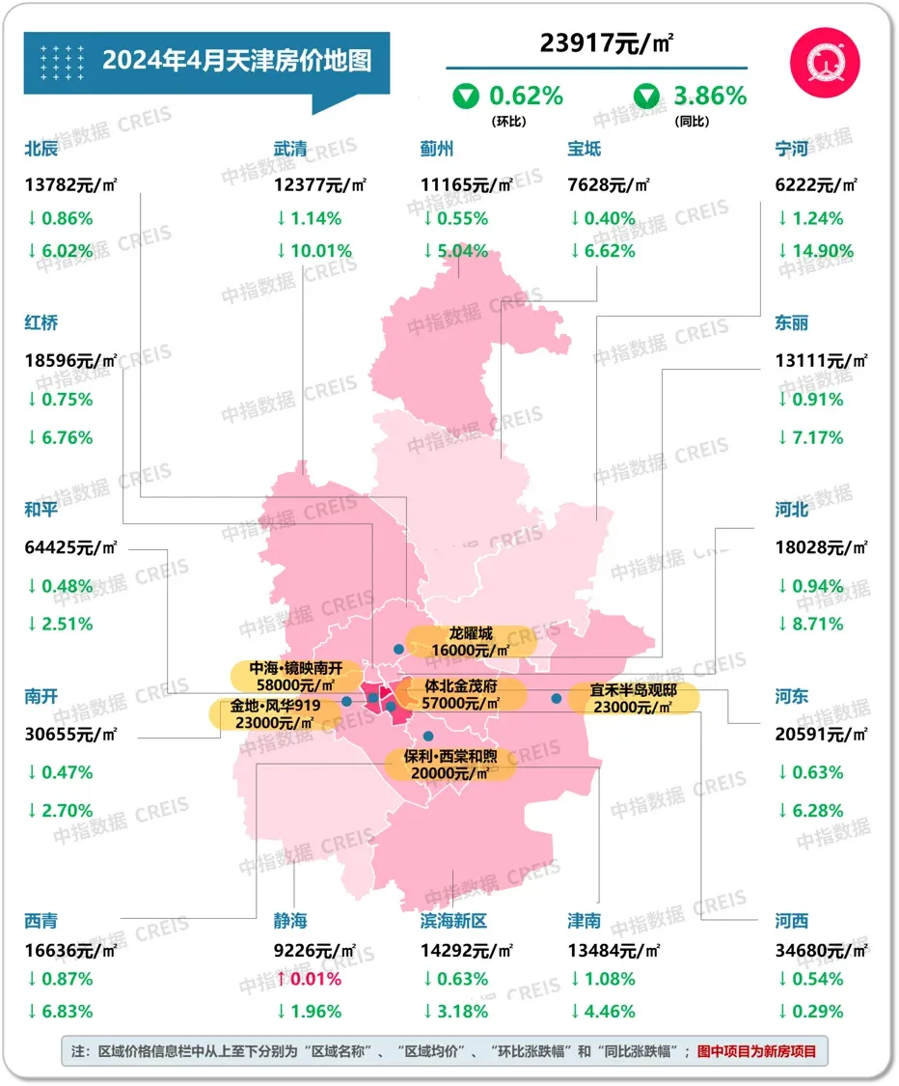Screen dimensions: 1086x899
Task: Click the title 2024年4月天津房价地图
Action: pos(236,61)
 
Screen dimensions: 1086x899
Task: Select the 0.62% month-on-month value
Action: pos(526,96)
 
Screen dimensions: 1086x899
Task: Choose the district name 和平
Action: pos(41,509)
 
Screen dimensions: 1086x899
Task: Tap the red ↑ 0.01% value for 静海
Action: pos(308,979)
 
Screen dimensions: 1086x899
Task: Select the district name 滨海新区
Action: pos(453,921)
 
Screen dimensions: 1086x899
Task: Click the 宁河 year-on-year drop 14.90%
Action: pos(814,251)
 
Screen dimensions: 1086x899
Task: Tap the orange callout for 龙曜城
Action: pos(471,642)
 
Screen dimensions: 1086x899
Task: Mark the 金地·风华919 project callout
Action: pos(276,713)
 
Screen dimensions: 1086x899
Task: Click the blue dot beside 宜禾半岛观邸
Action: pos(556,698)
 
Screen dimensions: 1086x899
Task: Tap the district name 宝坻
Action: pos(585,149)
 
